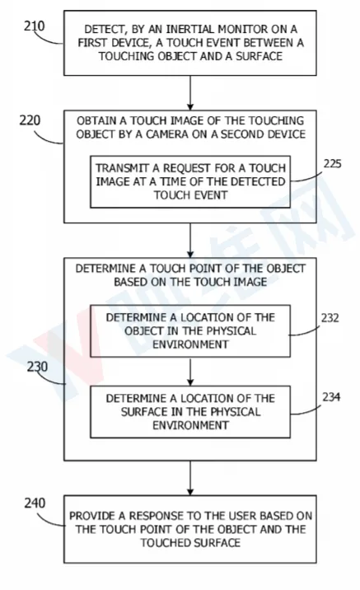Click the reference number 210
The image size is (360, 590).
click(x=35, y=26)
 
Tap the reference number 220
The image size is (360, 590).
click(x=30, y=120)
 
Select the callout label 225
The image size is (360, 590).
click(x=333, y=164)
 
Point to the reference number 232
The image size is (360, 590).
click(x=330, y=318)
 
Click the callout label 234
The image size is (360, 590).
click(x=331, y=397)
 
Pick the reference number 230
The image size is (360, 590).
click(x=37, y=367)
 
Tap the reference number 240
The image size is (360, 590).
click(x=35, y=503)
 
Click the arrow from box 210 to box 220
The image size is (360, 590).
click(x=190, y=92)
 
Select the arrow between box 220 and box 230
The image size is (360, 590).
click(x=190, y=241)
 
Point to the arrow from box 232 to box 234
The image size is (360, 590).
click(x=190, y=372)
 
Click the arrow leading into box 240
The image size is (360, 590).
click(x=190, y=478)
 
